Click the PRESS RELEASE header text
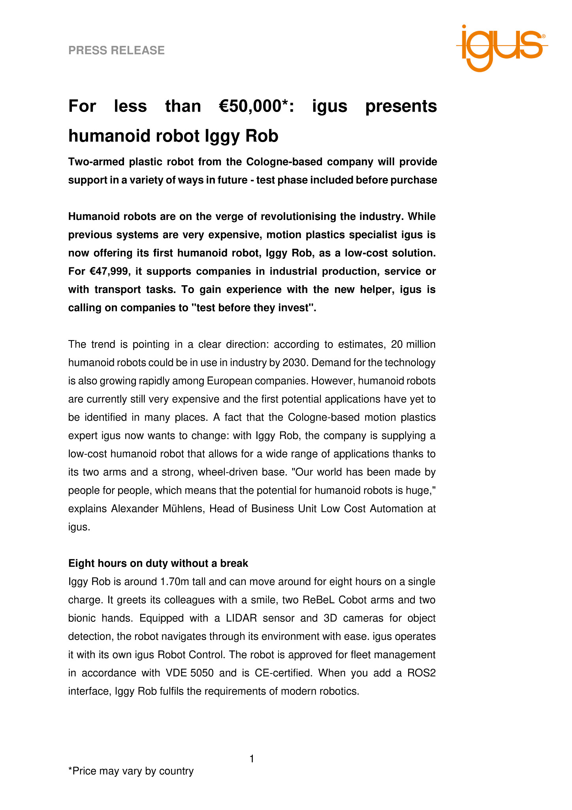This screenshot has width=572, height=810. [x=117, y=50]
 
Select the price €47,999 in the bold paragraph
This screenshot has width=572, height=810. [x=107, y=271]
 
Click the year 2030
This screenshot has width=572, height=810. [x=295, y=363]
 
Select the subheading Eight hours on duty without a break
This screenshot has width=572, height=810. [x=158, y=563]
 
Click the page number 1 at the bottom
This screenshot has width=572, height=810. [x=252, y=759]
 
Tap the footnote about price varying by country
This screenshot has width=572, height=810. [x=131, y=771]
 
